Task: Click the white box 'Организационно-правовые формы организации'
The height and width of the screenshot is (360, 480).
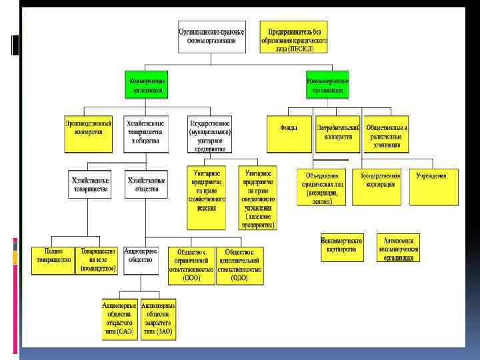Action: coord(211,36)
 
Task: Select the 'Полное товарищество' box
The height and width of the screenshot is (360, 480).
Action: coord(51,260)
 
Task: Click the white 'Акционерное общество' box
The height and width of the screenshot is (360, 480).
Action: coord(141,260)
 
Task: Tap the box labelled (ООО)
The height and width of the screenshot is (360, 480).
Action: coord(191,265)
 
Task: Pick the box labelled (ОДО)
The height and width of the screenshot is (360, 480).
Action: coord(239,265)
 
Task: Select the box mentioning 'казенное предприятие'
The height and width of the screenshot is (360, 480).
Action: coord(256,198)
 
